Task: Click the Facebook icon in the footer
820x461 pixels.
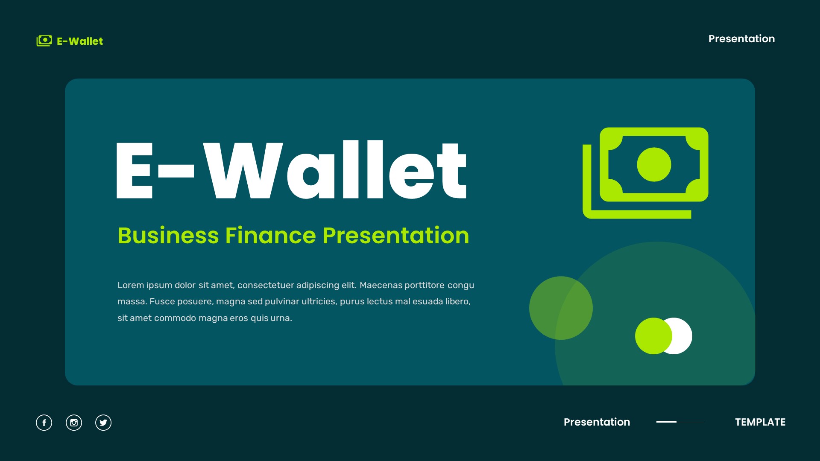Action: click(x=44, y=423)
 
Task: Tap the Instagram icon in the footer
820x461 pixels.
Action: click(x=74, y=423)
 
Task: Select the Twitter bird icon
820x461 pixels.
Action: click(x=103, y=423)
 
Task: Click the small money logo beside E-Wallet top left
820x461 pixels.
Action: click(x=44, y=41)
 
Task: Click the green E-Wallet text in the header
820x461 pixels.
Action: click(x=80, y=41)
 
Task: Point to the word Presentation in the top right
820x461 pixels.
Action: click(x=741, y=39)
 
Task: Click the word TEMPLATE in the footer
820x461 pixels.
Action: click(x=760, y=422)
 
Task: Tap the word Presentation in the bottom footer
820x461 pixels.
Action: click(x=597, y=422)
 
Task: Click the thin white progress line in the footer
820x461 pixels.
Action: click(x=680, y=422)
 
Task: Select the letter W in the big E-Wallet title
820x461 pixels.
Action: click(x=243, y=171)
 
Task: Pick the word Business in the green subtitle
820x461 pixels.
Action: click(x=168, y=236)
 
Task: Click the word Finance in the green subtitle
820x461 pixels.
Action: click(x=271, y=236)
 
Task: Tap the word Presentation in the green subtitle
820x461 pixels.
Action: click(x=396, y=236)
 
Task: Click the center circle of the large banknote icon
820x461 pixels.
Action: click(x=654, y=165)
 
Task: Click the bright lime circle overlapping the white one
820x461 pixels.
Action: click(x=653, y=336)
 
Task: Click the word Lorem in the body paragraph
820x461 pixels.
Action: click(x=130, y=285)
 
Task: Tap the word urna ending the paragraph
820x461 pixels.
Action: click(x=280, y=318)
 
